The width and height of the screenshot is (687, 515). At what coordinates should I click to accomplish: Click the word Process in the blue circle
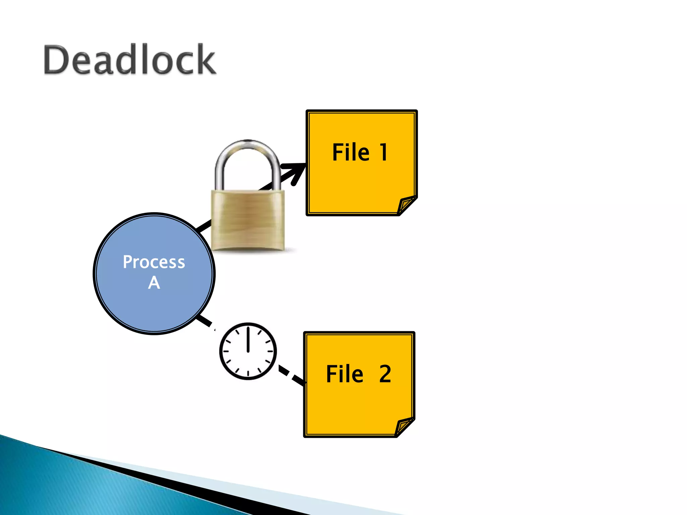pos(154,262)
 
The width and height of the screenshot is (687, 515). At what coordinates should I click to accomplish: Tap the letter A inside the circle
pos(154,283)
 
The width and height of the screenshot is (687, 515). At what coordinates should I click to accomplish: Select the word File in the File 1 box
pos(351,153)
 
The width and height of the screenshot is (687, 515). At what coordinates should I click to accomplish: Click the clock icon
pos(248,351)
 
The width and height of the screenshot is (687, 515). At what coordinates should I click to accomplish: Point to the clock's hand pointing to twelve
pos(248,339)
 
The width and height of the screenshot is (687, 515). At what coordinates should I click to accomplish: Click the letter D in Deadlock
pos(55,60)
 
